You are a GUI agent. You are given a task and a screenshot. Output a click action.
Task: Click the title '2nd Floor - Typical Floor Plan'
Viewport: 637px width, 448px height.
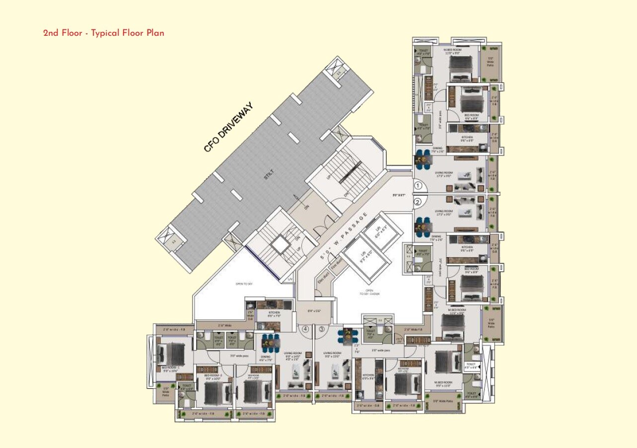pos(103,33)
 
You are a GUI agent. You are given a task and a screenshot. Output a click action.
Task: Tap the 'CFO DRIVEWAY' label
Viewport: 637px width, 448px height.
pos(228,127)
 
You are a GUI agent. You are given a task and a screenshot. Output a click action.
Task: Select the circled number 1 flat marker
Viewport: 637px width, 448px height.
pos(418,186)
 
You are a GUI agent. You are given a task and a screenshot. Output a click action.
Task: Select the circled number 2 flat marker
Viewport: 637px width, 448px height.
pos(418,202)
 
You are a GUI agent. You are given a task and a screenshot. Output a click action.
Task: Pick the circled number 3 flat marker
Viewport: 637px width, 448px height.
pos(322,329)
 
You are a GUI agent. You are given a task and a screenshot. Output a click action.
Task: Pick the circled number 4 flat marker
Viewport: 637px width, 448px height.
pos(305,329)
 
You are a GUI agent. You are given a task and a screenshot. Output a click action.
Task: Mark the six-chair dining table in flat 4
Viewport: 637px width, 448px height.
pos(270,342)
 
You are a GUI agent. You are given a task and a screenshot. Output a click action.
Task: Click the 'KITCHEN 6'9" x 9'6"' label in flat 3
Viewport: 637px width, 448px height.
pos(368,376)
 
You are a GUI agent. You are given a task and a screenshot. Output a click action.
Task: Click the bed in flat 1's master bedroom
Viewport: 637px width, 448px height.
pos(461,67)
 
